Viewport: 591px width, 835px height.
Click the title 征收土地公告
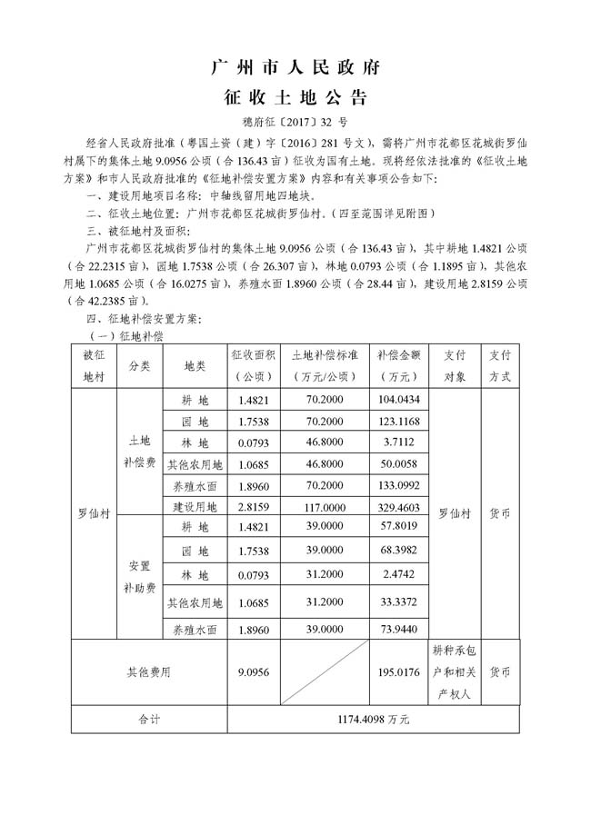click(295, 97)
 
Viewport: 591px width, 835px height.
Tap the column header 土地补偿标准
click(324, 364)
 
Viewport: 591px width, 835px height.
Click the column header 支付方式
click(499, 364)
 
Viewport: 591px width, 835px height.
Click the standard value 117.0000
click(324, 506)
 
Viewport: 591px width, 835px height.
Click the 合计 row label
click(149, 719)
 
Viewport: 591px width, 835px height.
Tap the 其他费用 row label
click(149, 672)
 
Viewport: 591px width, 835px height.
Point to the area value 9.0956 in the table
click(252, 672)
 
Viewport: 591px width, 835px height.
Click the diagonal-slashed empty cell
click(324, 672)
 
